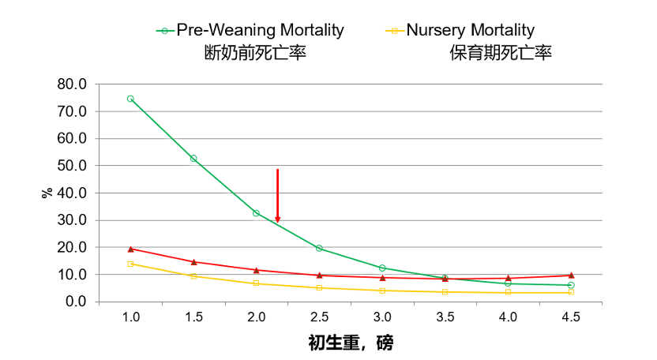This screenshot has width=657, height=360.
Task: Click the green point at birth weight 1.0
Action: point(130,99)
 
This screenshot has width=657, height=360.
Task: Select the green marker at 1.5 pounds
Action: point(193,159)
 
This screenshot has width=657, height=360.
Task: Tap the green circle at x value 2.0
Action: point(256,213)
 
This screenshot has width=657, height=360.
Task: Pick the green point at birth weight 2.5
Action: point(319,248)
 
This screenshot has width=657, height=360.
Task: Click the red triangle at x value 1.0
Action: point(130,249)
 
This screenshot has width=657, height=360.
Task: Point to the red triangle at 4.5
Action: point(571,276)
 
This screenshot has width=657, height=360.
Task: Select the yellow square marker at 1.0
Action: point(130,264)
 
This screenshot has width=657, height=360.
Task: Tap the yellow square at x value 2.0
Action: point(256,283)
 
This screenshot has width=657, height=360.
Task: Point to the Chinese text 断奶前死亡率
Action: point(255,54)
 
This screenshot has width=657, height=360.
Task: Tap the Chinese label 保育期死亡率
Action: point(501,54)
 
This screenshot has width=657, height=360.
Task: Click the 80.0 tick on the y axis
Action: point(72,84)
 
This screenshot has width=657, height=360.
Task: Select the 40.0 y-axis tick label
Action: point(72,193)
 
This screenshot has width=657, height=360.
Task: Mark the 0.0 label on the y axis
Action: point(75,302)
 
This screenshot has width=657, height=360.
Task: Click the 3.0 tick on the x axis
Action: point(382,317)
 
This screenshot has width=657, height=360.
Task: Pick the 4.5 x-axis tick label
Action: point(571,317)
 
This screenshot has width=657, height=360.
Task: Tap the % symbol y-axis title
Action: point(47,193)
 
